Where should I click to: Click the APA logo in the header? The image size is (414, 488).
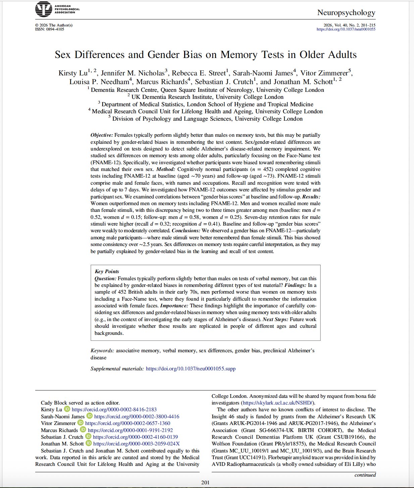click(43, 9)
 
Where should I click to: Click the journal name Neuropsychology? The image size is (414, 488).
click(346, 13)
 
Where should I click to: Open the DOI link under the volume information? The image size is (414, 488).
click(346, 29)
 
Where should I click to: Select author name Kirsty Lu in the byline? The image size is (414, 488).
click(73, 73)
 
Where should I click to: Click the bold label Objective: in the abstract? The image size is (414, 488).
click(102, 135)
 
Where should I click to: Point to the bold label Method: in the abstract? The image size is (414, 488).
click(166, 169)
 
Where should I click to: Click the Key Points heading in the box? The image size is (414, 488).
click(107, 271)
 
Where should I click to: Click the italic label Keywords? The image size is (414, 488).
click(102, 351)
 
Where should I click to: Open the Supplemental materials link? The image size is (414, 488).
click(191, 369)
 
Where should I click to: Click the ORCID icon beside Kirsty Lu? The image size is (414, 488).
click(67, 409)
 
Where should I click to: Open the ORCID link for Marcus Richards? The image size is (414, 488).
click(130, 430)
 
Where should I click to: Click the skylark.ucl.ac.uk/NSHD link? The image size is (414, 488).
click(278, 403)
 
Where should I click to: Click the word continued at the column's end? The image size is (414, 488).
click(365, 475)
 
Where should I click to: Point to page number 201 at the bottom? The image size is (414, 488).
click(205, 483)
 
